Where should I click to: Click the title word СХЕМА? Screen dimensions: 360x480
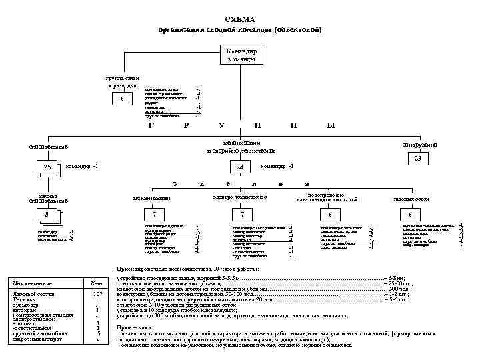(240, 20)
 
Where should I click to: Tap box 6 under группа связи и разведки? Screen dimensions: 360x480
(121, 99)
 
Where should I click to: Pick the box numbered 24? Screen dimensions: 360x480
(239, 167)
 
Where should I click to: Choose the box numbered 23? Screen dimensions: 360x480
(417, 159)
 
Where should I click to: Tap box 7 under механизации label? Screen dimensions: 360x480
(154, 215)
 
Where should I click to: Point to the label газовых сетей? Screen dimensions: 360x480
(413, 199)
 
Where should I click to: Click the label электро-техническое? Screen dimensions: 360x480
(240, 197)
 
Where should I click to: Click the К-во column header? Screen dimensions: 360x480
(97, 283)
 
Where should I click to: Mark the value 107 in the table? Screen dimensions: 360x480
(97, 293)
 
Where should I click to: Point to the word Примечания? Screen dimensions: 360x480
(134, 327)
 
